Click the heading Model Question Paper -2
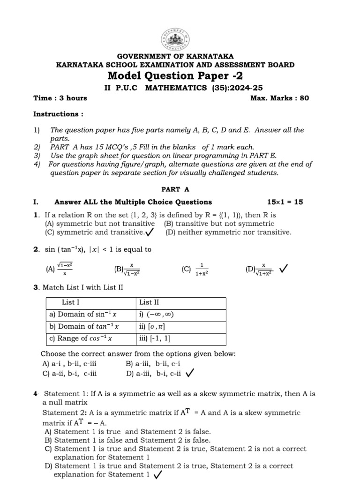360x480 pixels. (176, 76)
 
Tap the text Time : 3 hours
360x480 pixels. (60, 98)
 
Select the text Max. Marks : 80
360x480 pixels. (280, 98)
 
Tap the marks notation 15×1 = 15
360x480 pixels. (285, 202)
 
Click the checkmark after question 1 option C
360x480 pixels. (150, 232)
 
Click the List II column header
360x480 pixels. (149, 302)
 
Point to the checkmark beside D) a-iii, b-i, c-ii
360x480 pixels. (190, 374)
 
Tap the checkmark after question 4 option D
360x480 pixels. (158, 475)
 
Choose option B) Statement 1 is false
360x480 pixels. (127, 440)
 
